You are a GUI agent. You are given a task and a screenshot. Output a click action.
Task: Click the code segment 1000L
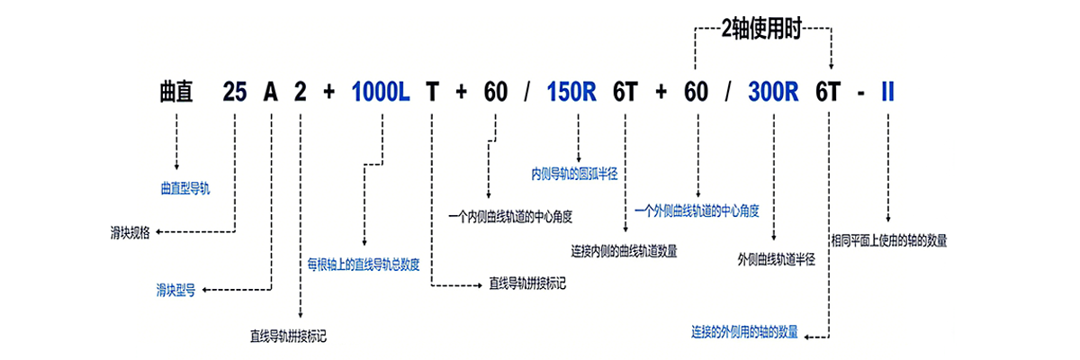point(382,92)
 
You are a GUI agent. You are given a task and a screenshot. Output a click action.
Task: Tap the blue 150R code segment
point(571,92)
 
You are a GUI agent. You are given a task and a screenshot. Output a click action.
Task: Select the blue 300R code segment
point(773,92)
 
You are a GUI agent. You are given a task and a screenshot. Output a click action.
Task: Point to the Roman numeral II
point(887,92)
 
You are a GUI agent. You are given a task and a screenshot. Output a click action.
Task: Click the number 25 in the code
point(234,92)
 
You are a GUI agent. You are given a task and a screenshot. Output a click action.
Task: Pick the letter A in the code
point(270,92)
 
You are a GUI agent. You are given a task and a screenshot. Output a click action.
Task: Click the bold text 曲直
point(176,92)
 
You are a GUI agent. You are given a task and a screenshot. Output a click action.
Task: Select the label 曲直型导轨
point(184,188)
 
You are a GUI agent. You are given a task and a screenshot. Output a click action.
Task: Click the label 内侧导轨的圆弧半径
point(575,172)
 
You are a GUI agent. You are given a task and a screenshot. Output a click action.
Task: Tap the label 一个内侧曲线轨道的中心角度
point(510,216)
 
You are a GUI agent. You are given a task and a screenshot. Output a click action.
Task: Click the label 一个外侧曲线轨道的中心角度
point(697,211)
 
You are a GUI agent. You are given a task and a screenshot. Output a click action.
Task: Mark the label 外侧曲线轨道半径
point(775,259)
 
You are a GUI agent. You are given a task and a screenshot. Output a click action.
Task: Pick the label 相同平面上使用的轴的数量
point(888,240)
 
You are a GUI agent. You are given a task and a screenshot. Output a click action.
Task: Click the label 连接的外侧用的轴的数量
point(744,331)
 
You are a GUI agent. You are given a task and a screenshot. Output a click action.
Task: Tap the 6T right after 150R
point(625,92)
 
